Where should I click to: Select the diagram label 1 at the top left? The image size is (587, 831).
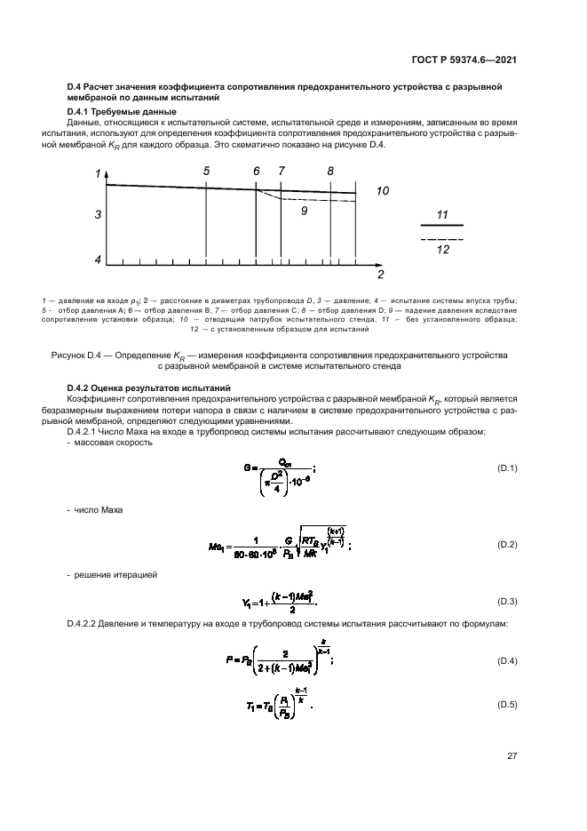98,175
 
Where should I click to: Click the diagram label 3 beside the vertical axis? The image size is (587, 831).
99,215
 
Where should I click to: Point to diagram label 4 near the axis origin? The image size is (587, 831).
99,260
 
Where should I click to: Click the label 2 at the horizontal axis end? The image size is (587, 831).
380,274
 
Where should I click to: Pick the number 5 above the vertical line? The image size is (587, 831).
206,171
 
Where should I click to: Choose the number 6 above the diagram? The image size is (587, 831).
257,171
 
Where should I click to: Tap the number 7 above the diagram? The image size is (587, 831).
282,171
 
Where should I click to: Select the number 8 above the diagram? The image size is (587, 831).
330,171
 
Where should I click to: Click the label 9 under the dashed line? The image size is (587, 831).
304,212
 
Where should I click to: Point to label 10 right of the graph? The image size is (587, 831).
383,191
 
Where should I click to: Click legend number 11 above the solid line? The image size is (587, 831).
443,215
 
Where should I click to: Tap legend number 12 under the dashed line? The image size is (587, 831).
443,250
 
